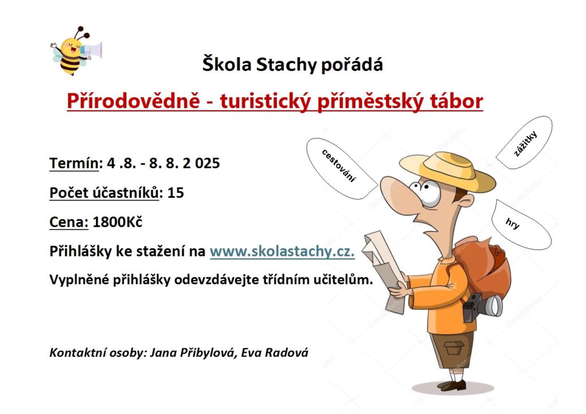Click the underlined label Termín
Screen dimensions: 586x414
click(74, 163)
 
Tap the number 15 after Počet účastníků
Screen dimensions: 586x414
click(176, 193)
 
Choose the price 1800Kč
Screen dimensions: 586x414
click(117, 222)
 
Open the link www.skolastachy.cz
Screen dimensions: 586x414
click(282, 251)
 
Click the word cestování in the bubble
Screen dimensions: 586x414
click(338, 166)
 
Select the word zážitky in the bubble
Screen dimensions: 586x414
click(525, 144)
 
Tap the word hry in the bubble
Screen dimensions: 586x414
click(512, 223)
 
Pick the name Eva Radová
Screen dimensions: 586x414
click(275, 353)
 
